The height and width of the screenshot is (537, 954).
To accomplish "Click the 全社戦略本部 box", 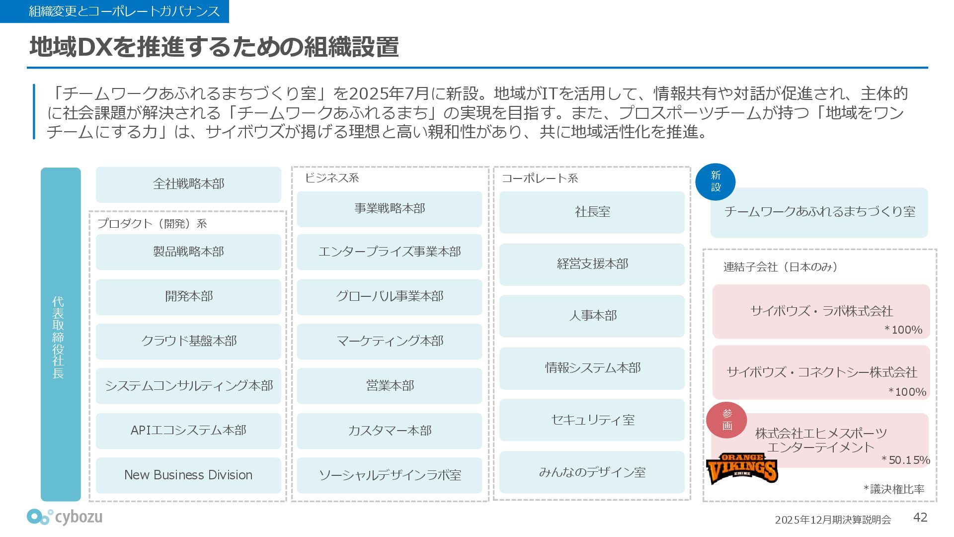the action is [x=188, y=184].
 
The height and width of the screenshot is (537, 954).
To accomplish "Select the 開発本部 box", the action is [x=188, y=297].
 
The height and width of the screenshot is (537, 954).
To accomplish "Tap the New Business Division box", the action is [x=188, y=475].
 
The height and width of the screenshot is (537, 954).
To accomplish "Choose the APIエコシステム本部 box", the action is [x=188, y=431].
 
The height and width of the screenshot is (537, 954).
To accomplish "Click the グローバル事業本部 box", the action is [x=390, y=297].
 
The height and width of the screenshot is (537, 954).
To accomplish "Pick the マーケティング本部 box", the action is [x=390, y=342].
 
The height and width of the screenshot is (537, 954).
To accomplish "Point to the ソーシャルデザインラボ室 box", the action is [x=390, y=475].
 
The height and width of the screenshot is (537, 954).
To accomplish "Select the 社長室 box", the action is [x=592, y=212].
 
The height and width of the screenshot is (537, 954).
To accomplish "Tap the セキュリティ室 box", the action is [x=592, y=420].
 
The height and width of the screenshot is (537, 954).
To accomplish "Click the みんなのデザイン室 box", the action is [x=592, y=472].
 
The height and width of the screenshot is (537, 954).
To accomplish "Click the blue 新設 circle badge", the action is [x=715, y=181].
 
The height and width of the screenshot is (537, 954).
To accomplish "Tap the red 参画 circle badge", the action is [x=727, y=420].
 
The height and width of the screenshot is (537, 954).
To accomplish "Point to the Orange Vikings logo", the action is [x=742, y=468].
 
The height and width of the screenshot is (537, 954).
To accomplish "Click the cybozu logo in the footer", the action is [x=65, y=517].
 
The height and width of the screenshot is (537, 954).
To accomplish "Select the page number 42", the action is [x=920, y=518].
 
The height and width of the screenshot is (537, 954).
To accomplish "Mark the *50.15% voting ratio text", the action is [x=905, y=460].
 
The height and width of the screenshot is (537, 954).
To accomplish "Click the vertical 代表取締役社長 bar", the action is [x=60, y=334].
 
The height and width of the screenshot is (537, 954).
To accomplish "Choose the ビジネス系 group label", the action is [x=331, y=178].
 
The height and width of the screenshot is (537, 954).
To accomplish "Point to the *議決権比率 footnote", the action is [x=894, y=489].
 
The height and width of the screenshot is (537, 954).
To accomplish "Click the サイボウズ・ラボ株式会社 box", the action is [x=821, y=311].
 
